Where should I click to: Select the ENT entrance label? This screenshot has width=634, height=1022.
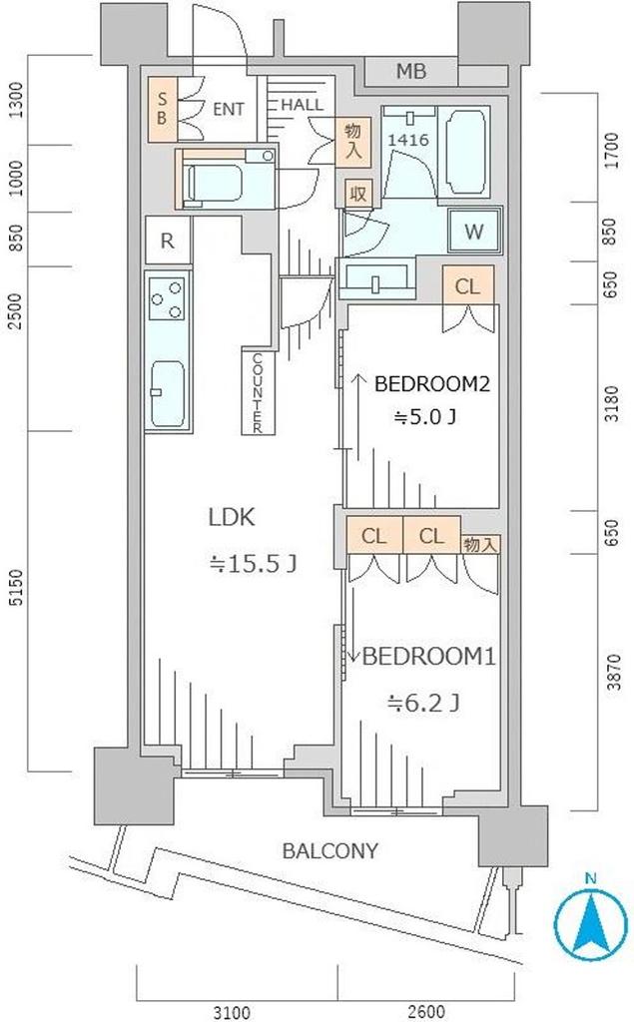point(228,109)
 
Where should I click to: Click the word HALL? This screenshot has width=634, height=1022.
point(301,105)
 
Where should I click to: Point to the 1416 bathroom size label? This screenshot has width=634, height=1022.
point(408,141)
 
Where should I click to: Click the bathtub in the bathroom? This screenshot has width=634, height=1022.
point(464,153)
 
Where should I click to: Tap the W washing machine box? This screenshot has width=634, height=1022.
point(474,233)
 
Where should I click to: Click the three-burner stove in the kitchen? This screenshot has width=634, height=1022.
point(168,298)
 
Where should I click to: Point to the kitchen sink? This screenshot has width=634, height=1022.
point(168,392)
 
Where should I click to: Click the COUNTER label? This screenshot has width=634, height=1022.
point(257,392)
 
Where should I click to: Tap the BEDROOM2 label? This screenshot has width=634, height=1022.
point(433,383)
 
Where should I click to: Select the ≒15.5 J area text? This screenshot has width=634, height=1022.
point(253,564)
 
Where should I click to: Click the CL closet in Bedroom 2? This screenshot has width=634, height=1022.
point(467,286)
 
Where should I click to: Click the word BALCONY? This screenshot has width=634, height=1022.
point(329,851)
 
